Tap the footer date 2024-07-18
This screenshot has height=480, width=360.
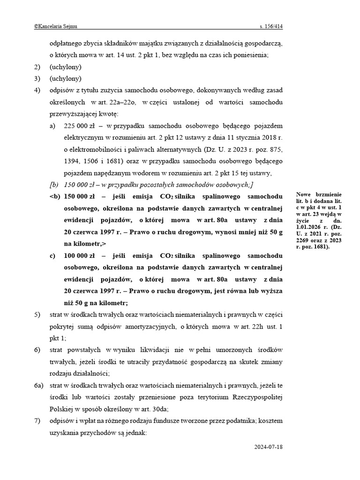[269, 447]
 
